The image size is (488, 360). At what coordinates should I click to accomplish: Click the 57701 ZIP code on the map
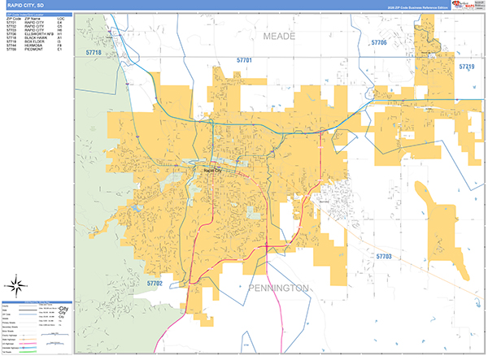(x=245, y=61)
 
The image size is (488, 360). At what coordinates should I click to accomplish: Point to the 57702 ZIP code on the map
(x=155, y=283)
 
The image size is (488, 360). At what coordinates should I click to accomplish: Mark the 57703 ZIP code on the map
(x=384, y=256)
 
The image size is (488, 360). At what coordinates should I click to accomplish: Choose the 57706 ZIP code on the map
(x=379, y=42)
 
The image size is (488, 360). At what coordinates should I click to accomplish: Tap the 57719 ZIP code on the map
(x=466, y=66)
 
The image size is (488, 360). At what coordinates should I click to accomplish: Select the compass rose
(x=15, y=286)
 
